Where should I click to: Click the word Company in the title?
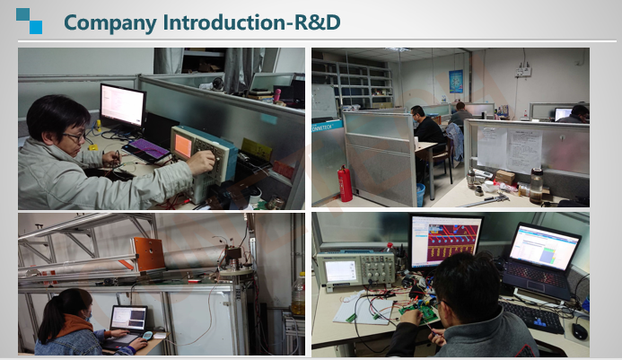[110, 22]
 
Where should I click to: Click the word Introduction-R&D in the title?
[252, 22]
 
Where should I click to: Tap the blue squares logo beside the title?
[29, 21]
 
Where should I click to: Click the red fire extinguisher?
[346, 184]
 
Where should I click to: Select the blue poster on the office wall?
[456, 82]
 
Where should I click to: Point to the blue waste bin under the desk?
[420, 195]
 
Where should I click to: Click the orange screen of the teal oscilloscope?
[183, 145]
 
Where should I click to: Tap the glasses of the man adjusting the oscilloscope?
[75, 137]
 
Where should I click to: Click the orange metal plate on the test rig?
[149, 253]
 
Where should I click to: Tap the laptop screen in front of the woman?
[128, 318]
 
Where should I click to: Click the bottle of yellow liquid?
[298, 294]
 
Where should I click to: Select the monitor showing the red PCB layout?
[445, 241]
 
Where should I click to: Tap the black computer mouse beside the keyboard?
[580, 331]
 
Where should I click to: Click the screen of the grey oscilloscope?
[340, 271]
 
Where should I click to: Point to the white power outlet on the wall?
[523, 72]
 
